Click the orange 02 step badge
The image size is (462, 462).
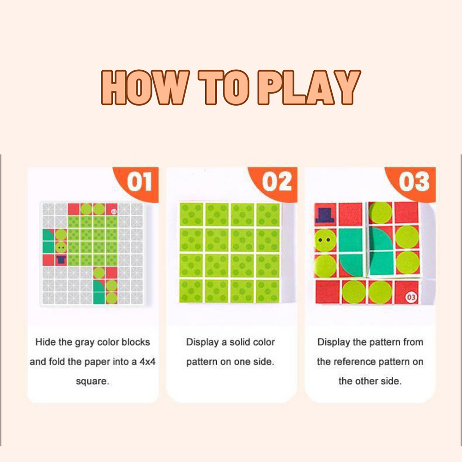coord(277,182)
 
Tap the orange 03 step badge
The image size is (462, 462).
coord(414,182)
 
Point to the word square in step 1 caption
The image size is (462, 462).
coord(92,382)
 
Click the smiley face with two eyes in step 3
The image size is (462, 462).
coord(326,239)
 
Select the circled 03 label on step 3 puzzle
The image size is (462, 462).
coord(411,296)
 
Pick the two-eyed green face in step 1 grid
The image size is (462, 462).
coord(61,248)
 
